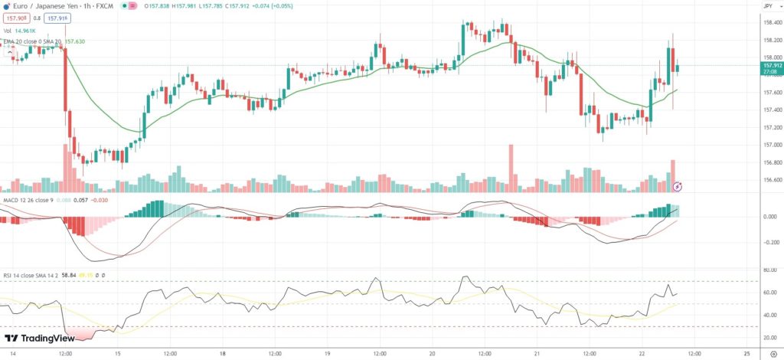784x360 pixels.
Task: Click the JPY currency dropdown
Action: pyautogui.click(x=768, y=6)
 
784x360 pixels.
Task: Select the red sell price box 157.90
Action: pyautogui.click(x=15, y=18)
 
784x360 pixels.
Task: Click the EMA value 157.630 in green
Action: pyautogui.click(x=74, y=41)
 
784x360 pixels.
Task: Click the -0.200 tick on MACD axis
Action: pyautogui.click(x=770, y=242)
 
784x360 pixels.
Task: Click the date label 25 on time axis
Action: pyautogui.click(x=746, y=354)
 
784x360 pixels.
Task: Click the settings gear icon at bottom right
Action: pyautogui.click(x=772, y=354)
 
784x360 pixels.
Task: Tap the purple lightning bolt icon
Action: pyautogui.click(x=677, y=186)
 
